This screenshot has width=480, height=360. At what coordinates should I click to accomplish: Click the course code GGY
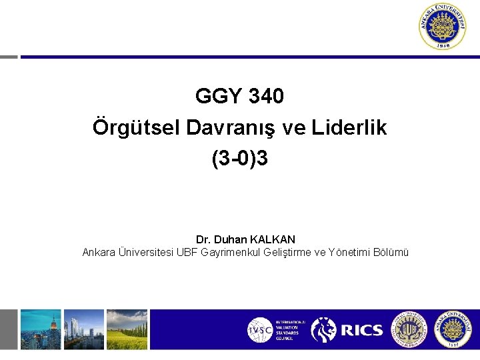pos(219,97)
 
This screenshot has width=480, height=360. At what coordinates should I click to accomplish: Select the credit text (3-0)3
pos(240,158)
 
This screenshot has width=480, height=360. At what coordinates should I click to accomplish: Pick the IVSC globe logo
pos(260,329)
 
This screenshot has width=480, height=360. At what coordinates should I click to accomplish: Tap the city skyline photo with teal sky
pos(41,329)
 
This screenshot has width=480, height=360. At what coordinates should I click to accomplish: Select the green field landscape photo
pos(127,329)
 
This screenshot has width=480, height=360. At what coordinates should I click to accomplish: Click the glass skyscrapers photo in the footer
pos(84,329)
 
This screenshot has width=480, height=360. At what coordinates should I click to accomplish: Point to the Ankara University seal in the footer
pos(453,329)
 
